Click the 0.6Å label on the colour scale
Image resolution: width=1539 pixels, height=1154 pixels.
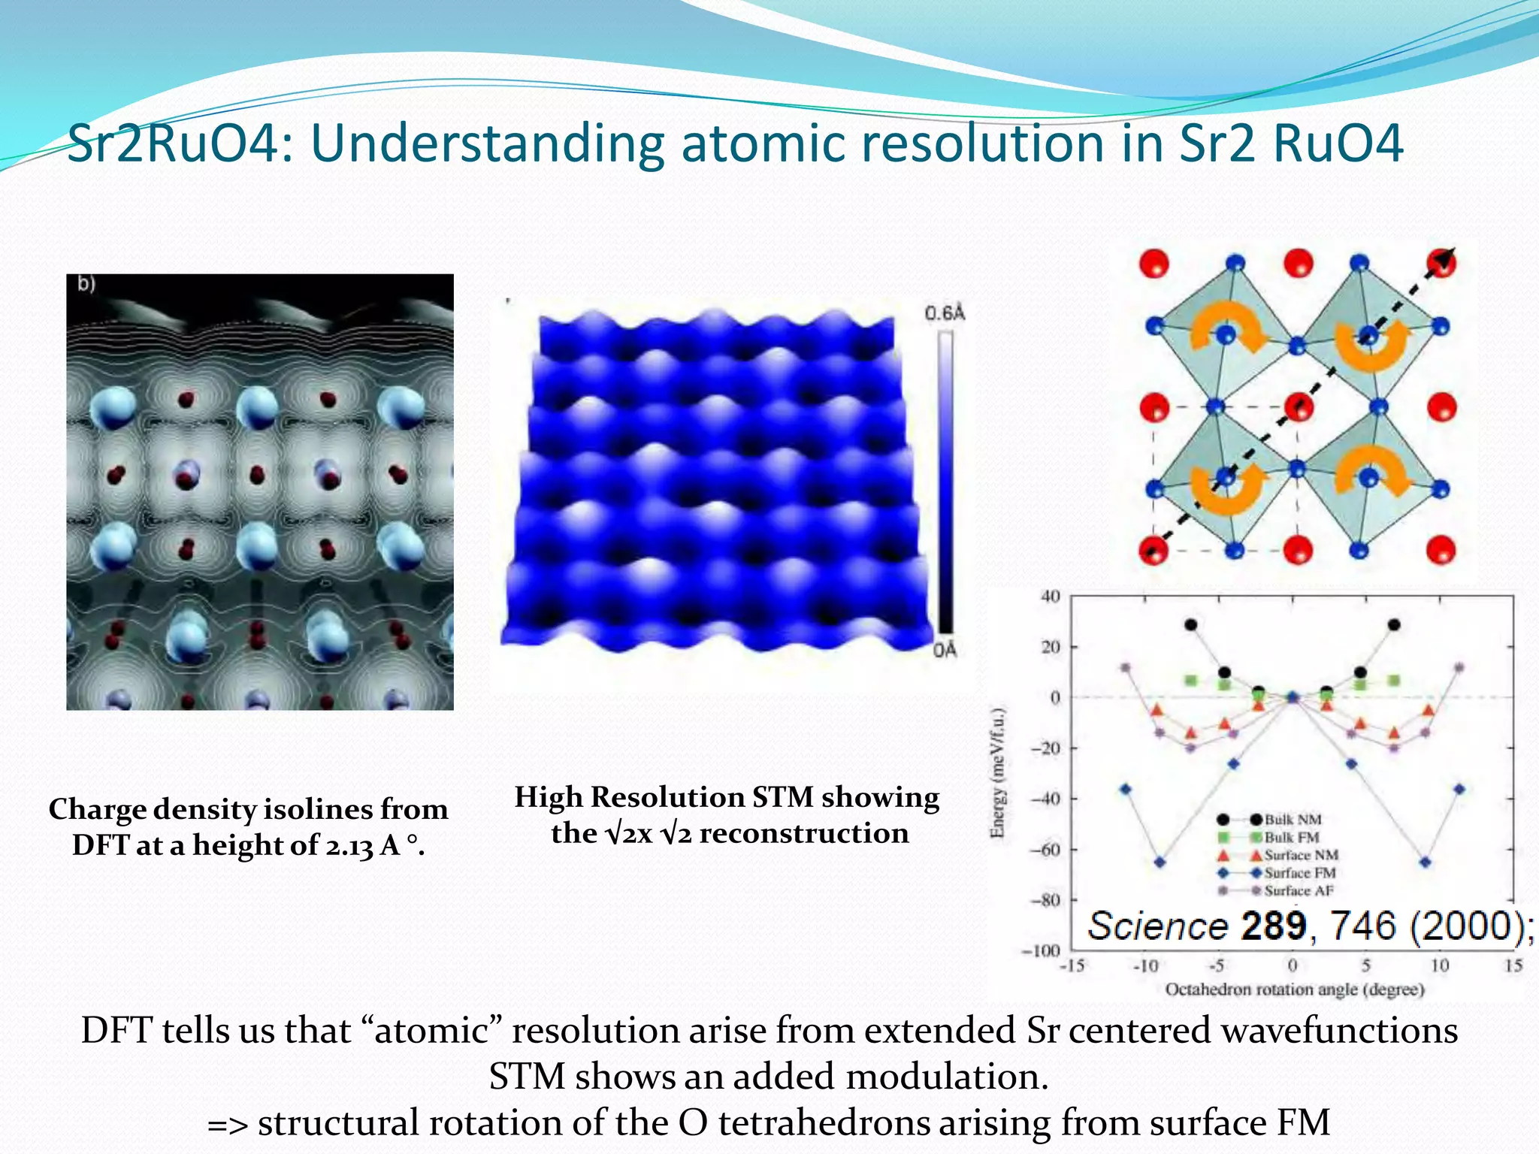click(945, 313)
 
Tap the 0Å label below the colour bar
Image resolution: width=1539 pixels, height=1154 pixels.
click(945, 650)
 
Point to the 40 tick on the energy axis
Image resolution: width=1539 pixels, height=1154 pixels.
click(1050, 597)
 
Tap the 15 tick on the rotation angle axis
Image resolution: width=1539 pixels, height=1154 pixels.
click(1513, 965)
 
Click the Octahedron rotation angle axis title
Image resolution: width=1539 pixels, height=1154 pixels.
click(1294, 990)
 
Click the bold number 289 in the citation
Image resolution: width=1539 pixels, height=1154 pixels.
click(1273, 926)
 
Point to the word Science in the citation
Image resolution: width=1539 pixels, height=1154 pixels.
click(1157, 926)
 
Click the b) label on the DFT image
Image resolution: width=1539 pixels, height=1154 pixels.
click(86, 283)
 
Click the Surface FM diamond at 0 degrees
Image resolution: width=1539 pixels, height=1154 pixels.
click(1293, 697)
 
